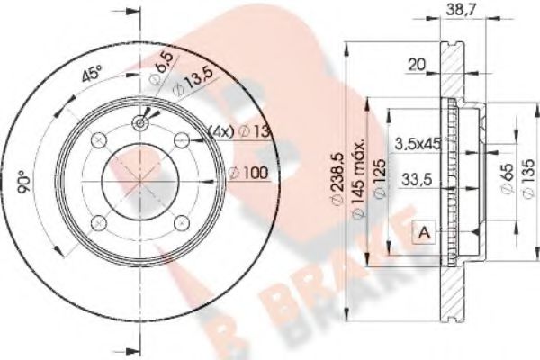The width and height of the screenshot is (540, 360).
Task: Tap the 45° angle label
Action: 91,75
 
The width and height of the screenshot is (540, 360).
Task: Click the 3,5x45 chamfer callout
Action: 418,142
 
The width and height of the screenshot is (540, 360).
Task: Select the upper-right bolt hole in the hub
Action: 182,139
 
